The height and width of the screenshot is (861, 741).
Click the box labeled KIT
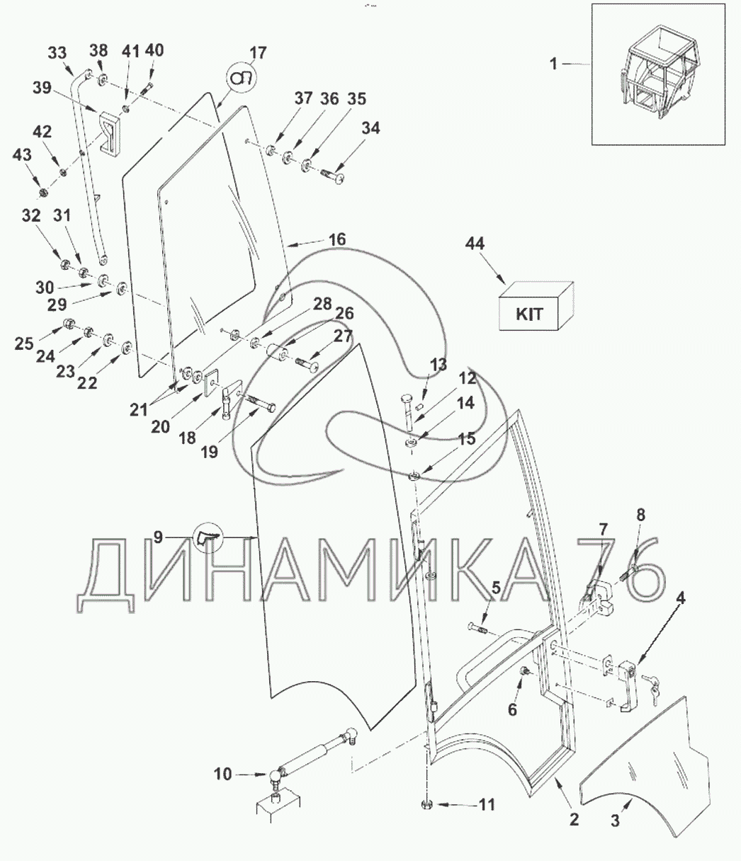536,306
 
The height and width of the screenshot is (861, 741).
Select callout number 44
475,244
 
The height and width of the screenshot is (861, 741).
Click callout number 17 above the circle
258,53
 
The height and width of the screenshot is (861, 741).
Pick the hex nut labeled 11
426,804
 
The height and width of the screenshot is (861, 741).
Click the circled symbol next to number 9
208,537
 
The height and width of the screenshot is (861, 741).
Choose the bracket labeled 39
110,132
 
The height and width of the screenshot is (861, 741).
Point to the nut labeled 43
43,193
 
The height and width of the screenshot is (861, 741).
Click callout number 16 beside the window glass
337,239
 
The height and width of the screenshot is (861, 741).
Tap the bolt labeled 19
261,403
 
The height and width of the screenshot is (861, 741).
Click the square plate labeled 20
212,381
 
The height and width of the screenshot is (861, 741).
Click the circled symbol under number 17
242,79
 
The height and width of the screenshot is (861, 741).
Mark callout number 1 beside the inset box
553,64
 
